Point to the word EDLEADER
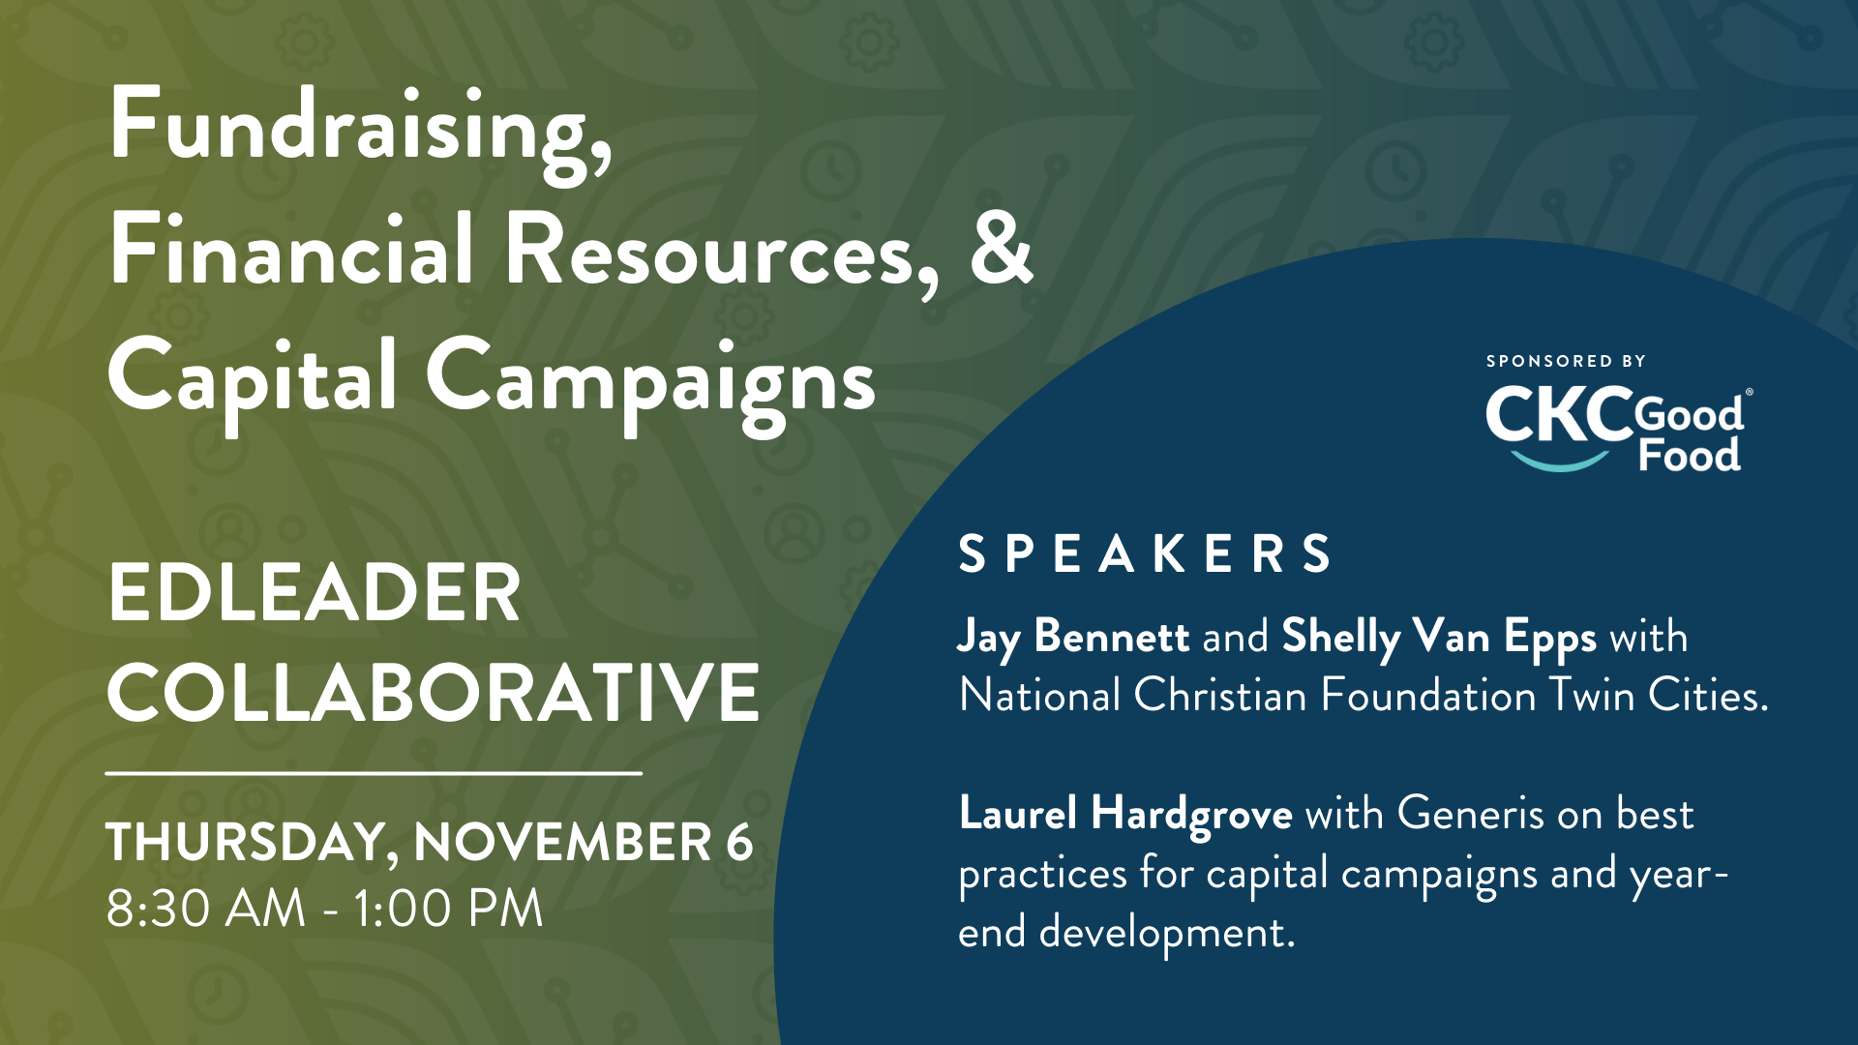point(315,593)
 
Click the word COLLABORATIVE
point(433,693)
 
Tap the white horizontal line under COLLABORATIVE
point(374,773)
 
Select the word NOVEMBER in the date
point(563,841)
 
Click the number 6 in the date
point(739,841)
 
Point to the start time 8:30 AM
point(205,909)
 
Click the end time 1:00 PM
point(447,909)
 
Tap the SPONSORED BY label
point(1566,361)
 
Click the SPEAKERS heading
point(1145,554)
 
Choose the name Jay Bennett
point(1073,638)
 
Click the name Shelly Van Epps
point(1439,638)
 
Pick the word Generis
point(1470,813)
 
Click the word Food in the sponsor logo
point(1690,455)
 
